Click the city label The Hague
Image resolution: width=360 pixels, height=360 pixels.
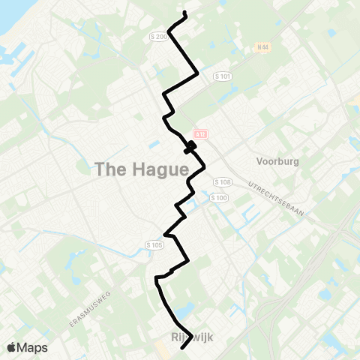point(141,170)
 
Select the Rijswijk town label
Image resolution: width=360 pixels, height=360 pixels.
point(193,338)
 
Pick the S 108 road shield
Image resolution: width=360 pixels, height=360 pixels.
point(220,182)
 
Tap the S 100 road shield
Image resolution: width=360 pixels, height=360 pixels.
point(219,197)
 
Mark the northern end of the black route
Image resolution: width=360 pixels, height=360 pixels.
point(184,14)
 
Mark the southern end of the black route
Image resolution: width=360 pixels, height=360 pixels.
point(184,348)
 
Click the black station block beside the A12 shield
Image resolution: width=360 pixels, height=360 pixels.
point(191,145)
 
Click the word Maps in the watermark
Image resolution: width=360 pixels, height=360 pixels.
point(33,347)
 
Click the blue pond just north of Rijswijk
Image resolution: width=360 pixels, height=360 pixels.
point(183,310)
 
